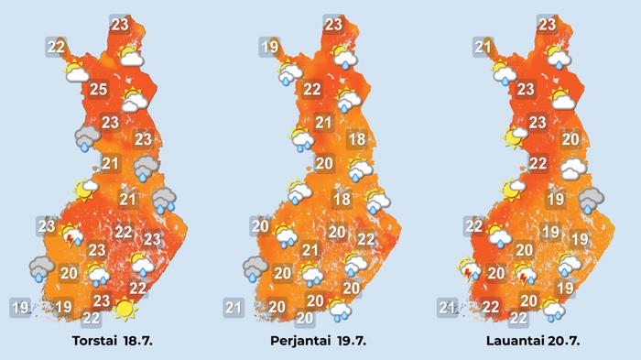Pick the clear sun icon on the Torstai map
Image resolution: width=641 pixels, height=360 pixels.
point(124,310)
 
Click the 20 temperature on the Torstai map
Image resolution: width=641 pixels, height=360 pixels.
point(69,272)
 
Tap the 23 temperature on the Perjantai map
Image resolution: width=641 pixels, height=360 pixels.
point(333,25)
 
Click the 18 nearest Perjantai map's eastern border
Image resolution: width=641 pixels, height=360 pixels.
point(359,140)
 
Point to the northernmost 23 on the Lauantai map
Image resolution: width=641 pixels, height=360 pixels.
point(547,25)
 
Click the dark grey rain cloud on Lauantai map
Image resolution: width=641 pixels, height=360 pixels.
point(592,199)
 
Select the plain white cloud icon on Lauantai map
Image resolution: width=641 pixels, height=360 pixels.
point(574,169)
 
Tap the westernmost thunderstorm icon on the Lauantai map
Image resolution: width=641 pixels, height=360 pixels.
point(468,272)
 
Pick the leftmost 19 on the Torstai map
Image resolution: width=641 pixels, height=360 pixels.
point(20,307)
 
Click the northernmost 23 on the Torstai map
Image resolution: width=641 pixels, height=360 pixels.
point(119,25)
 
